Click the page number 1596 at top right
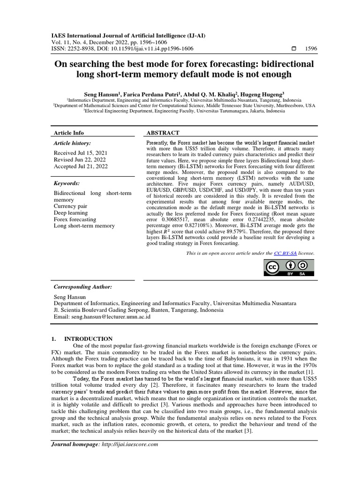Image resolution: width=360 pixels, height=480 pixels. [310, 49]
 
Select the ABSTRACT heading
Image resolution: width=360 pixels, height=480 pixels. [163, 133]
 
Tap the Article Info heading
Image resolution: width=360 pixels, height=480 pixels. [69, 133]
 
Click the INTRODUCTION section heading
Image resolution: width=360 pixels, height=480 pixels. [88, 339]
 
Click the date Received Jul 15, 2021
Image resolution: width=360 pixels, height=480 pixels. [81, 153]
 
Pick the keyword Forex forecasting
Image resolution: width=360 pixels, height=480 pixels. [75, 219]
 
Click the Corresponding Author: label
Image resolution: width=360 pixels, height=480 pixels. [83, 286]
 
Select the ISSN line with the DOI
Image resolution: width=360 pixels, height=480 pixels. [122, 49]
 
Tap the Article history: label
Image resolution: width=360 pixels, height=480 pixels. [72, 143]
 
